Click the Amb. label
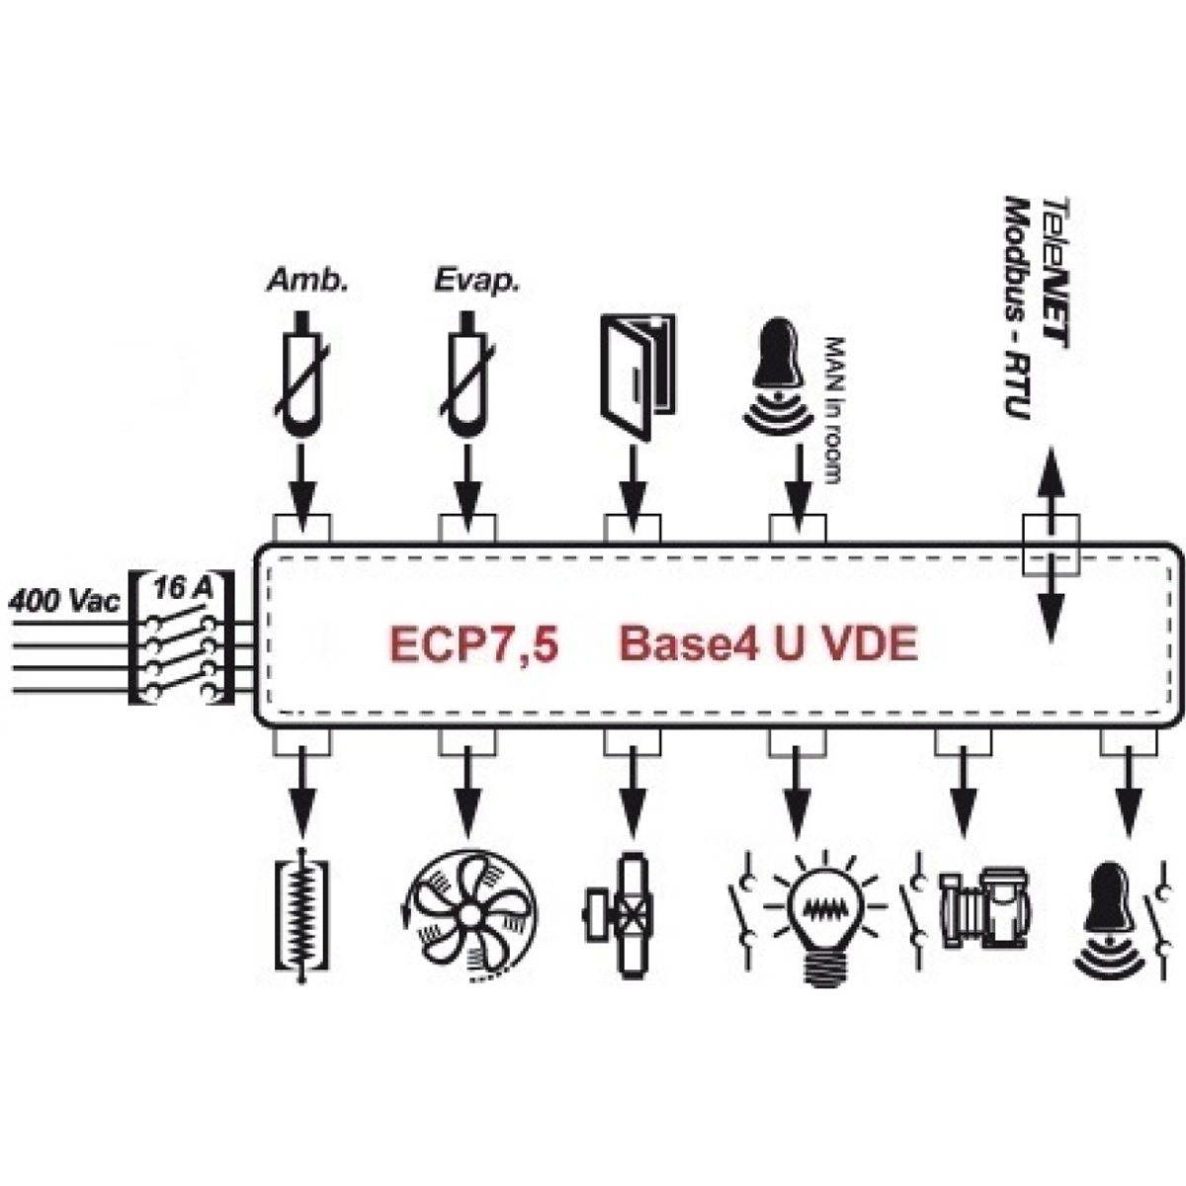pos(307,281)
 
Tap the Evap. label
pos(476,282)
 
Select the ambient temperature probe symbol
pos(301,374)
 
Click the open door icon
pos(637,376)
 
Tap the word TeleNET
pos(1055,273)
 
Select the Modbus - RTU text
pos(1017,307)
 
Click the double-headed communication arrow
pos(1051,545)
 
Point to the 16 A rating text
pos(183,588)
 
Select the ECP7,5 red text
pos(474,643)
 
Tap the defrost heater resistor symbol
pos(301,916)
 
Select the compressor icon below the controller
pos(984,907)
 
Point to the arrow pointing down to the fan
pos(467,794)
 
